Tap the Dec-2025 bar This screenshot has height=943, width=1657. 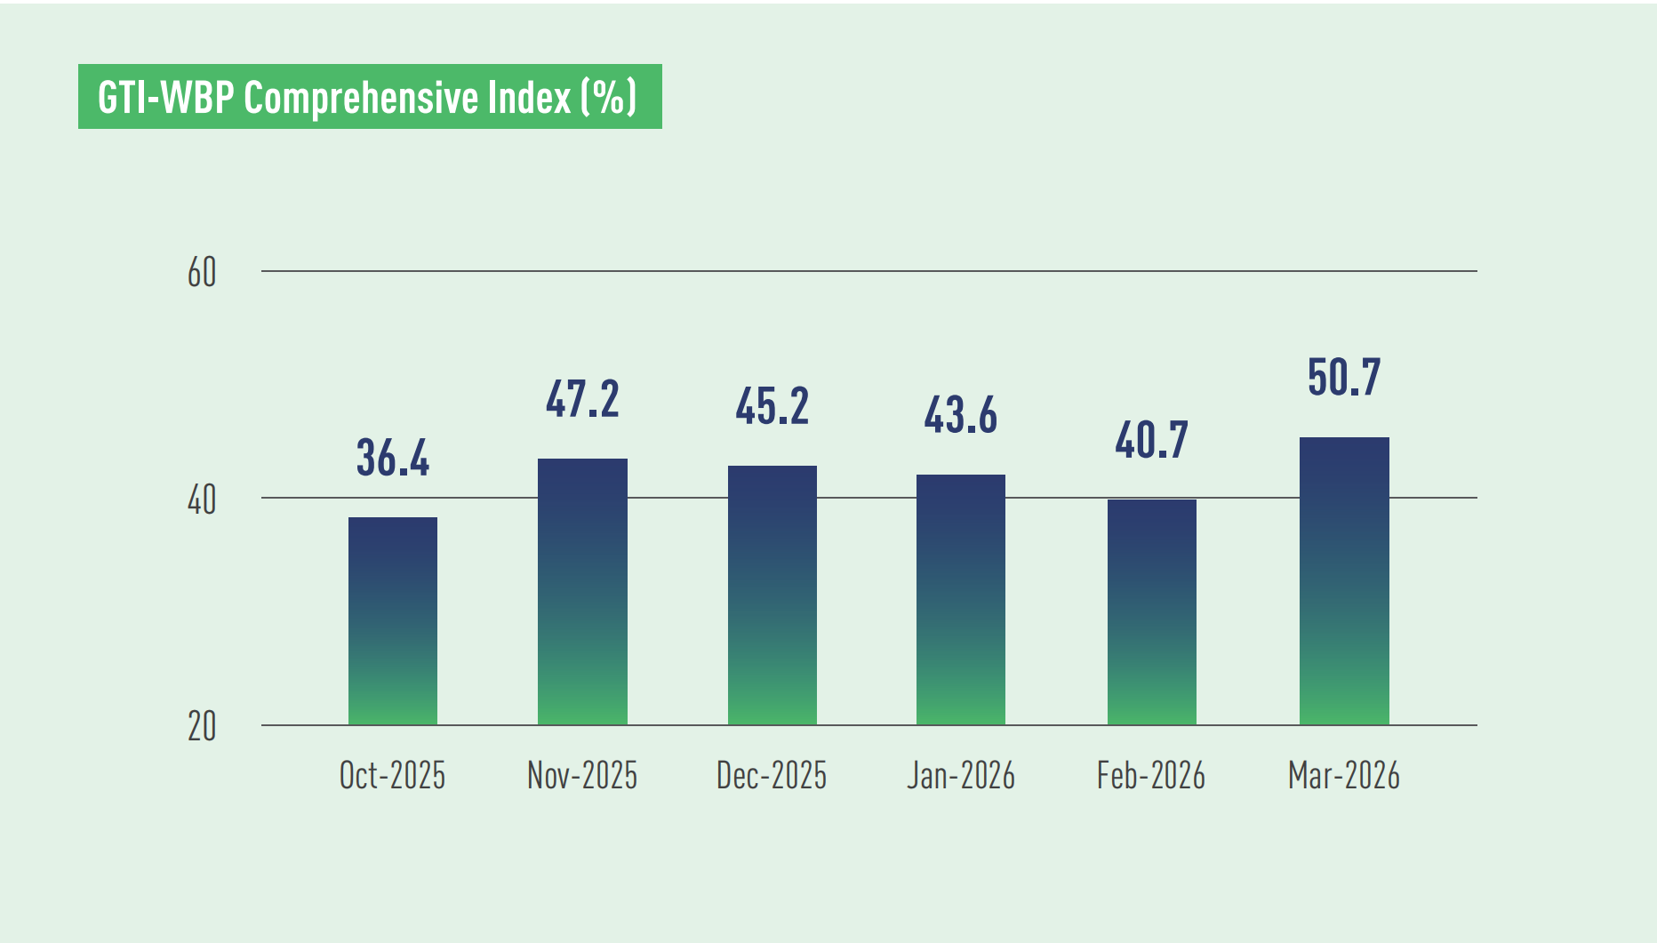(772, 595)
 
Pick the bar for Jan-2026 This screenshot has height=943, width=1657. (961, 599)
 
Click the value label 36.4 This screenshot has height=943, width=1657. (392, 459)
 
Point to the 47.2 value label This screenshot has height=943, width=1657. (582, 400)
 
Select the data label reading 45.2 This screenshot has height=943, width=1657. (772, 407)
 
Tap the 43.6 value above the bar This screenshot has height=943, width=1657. (961, 416)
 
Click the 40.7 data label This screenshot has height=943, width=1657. (1151, 441)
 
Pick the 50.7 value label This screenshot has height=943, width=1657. (1344, 378)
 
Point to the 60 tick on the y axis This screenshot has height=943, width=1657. (202, 273)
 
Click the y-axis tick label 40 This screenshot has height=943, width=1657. (202, 500)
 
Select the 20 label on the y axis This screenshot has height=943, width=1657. (202, 727)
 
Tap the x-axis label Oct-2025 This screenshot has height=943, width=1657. (392, 776)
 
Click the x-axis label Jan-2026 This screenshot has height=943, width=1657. (961, 776)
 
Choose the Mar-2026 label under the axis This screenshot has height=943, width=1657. (1344, 776)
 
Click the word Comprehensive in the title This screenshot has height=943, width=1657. (406, 98)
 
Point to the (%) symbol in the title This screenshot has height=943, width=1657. (609, 97)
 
